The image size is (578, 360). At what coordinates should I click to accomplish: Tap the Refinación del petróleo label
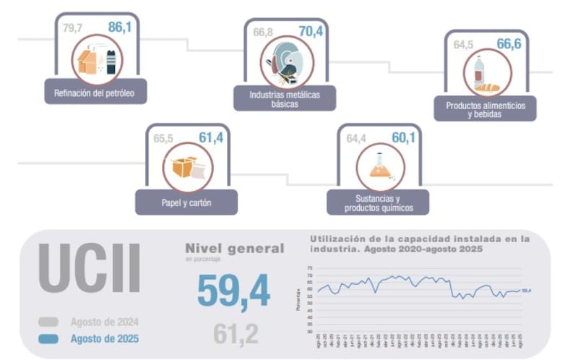coord(95,93)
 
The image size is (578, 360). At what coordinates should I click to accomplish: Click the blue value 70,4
coord(311,32)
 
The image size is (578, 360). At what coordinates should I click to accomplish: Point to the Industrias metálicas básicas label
coord(284,98)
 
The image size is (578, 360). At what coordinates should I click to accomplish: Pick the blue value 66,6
coord(509,44)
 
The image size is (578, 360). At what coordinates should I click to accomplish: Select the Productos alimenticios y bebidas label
coord(485,109)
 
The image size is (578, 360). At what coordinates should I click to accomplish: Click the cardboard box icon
coord(186,168)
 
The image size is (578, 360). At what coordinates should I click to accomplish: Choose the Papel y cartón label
coord(186,202)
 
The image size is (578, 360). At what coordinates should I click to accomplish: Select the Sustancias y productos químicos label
coord(378,203)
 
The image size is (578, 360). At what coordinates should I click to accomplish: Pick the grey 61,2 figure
coord(236,333)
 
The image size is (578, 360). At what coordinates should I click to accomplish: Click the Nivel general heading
coord(235,248)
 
